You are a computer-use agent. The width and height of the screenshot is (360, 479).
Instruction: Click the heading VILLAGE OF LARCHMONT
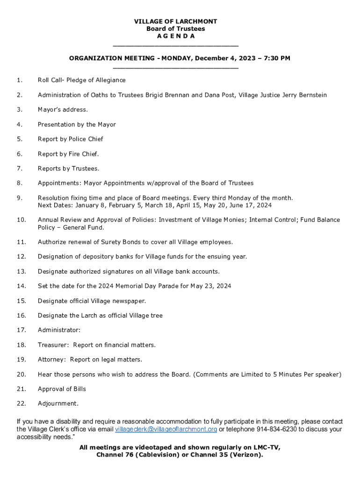click(x=176, y=22)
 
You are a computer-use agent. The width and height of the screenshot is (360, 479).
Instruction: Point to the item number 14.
click(x=21, y=286)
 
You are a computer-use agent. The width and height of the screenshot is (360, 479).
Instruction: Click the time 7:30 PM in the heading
click(x=277, y=58)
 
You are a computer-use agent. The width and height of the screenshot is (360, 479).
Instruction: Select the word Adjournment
click(x=58, y=403)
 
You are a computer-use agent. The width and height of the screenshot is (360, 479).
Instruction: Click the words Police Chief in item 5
click(x=86, y=139)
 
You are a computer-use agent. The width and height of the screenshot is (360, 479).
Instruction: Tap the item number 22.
click(x=21, y=403)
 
